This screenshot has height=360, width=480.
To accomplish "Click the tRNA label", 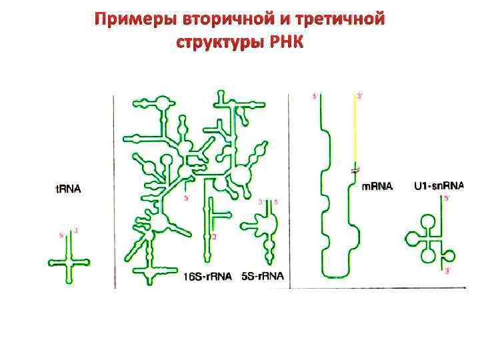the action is [67, 189].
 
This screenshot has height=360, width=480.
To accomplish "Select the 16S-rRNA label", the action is [207, 277].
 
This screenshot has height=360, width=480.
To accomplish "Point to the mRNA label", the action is [377, 186].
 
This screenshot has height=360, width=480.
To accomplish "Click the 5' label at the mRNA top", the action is [315, 97].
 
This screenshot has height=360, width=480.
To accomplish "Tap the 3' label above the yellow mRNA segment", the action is [361, 97].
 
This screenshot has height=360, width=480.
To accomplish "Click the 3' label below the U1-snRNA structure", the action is [447, 271].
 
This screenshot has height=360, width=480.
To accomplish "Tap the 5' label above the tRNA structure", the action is [62, 235].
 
